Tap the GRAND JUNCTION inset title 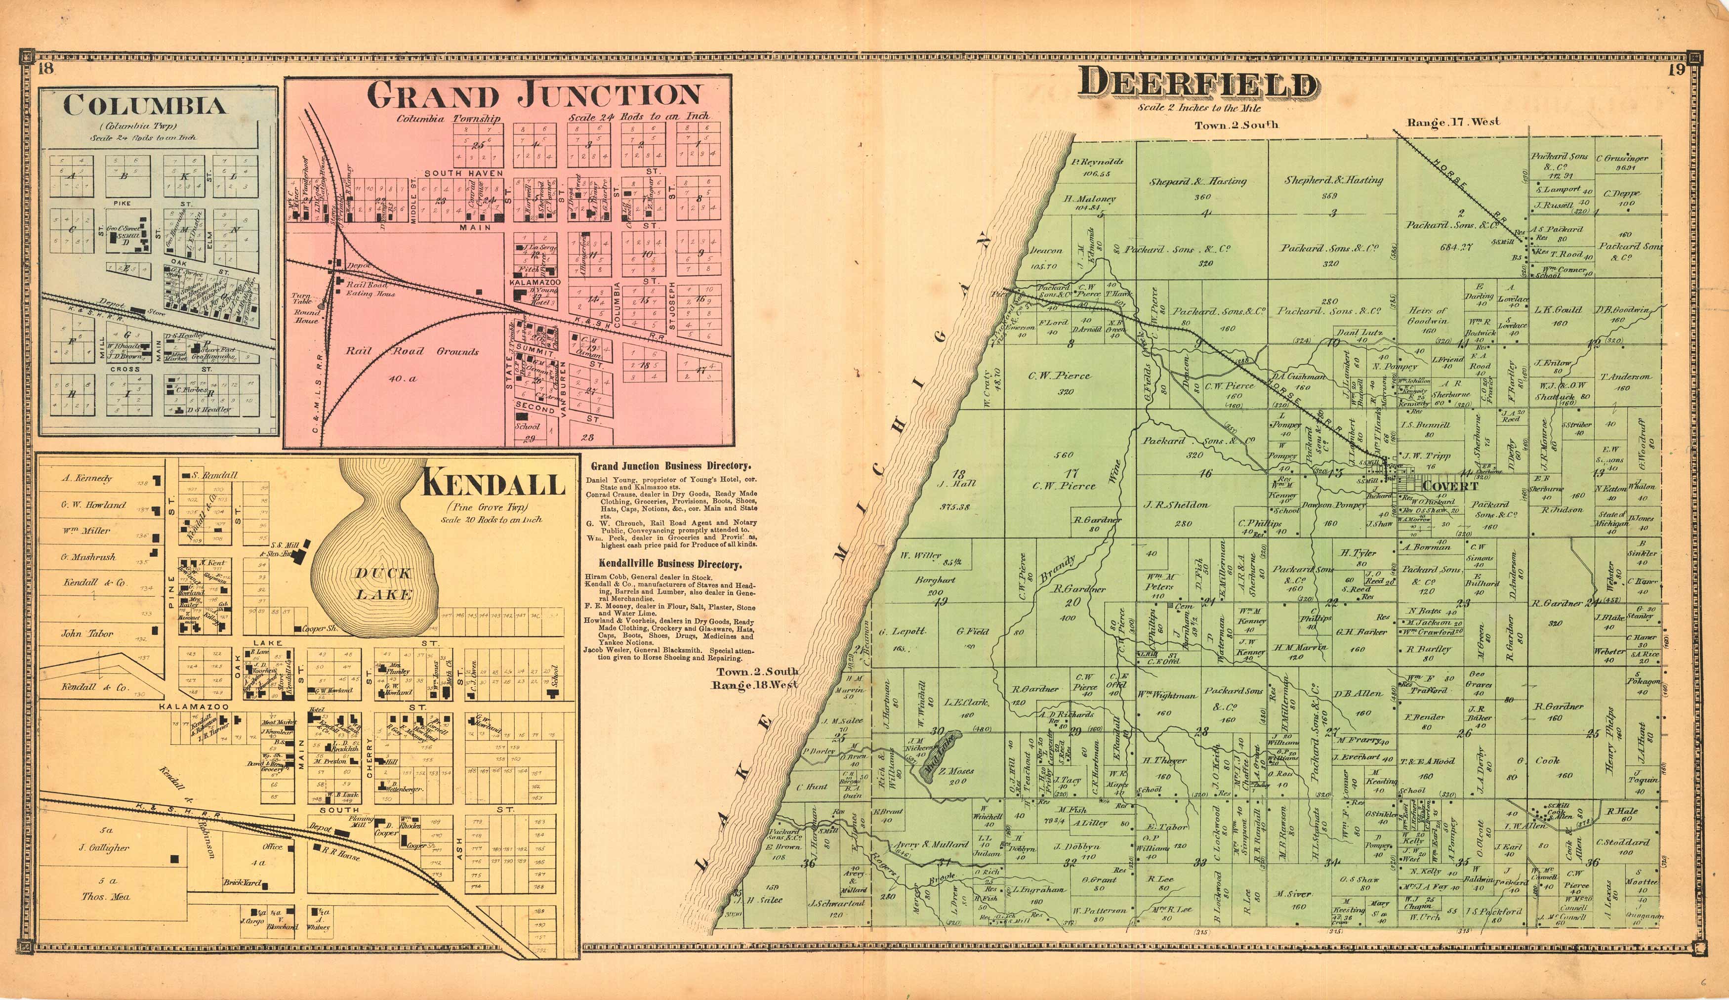pyautogui.click(x=534, y=95)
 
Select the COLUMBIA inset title pyautogui.click(x=144, y=106)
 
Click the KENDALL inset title pyautogui.click(x=493, y=485)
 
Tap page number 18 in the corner pyautogui.click(x=46, y=69)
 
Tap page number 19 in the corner pyautogui.click(x=1676, y=69)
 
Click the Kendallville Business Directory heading pyautogui.click(x=670, y=565)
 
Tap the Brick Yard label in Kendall pyautogui.click(x=242, y=882)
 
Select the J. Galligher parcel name pyautogui.click(x=104, y=848)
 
